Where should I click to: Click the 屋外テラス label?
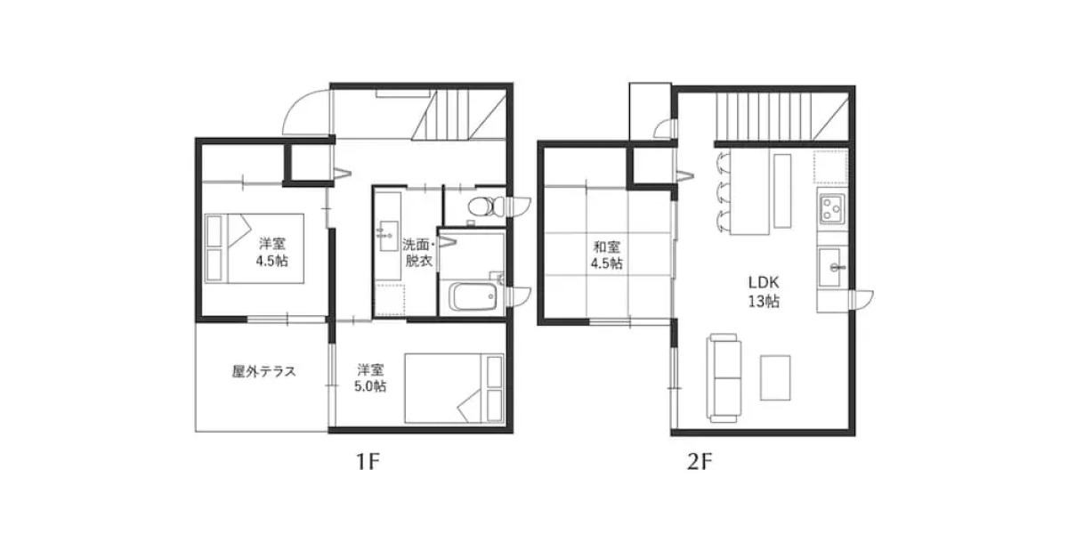263,372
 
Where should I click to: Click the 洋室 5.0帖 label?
371,377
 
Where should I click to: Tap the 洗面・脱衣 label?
418,252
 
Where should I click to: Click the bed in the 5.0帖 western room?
454,388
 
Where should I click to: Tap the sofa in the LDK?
724,377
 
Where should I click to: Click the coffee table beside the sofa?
775,377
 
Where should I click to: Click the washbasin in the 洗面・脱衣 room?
389,236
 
